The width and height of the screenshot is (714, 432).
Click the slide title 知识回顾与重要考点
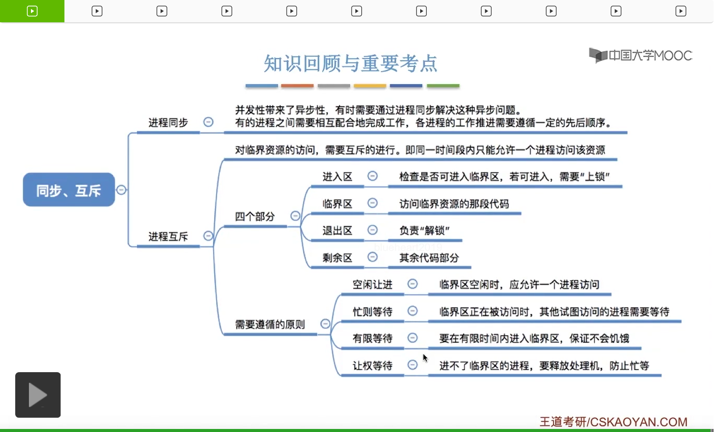pyautogui.click(x=350, y=63)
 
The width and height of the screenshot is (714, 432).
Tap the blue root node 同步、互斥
pyautogui.click(x=69, y=190)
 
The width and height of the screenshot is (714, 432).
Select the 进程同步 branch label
pyautogui.click(x=168, y=122)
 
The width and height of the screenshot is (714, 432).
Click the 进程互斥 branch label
pyautogui.click(x=168, y=236)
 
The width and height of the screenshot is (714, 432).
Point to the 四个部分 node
pyautogui.click(x=255, y=217)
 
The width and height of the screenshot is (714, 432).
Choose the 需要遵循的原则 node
pyautogui.click(x=270, y=325)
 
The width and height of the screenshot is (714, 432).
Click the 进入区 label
pyautogui.click(x=337, y=176)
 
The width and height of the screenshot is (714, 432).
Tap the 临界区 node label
pyautogui.click(x=337, y=204)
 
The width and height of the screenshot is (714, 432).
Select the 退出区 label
pyautogui.click(x=337, y=231)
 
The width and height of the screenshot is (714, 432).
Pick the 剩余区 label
pyautogui.click(x=337, y=258)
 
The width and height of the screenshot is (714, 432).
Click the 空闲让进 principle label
pyautogui.click(x=372, y=284)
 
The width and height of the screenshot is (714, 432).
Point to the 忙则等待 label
pyautogui.click(x=372, y=311)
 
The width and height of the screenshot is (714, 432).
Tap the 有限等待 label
pyautogui.click(x=372, y=338)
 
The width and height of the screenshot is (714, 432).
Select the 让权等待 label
pyautogui.click(x=372, y=366)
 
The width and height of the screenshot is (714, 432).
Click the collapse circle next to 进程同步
pyautogui.click(x=208, y=122)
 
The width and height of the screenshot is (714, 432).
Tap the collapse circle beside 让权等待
pyautogui.click(x=413, y=365)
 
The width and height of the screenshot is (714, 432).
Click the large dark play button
pyautogui.click(x=38, y=395)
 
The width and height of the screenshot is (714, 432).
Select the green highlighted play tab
pyautogui.click(x=32, y=11)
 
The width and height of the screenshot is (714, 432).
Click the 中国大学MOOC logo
pyautogui.click(x=640, y=55)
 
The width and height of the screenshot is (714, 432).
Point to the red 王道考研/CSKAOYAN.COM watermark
pyautogui.click(x=613, y=422)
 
